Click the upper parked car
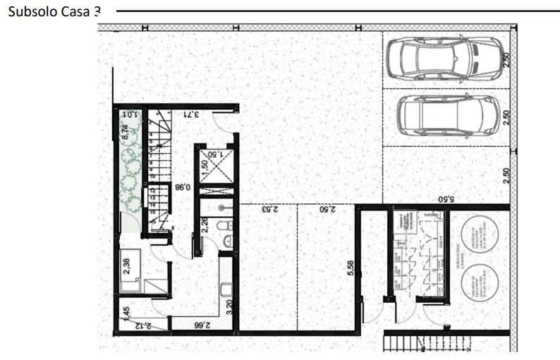440,55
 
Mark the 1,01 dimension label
129,114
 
